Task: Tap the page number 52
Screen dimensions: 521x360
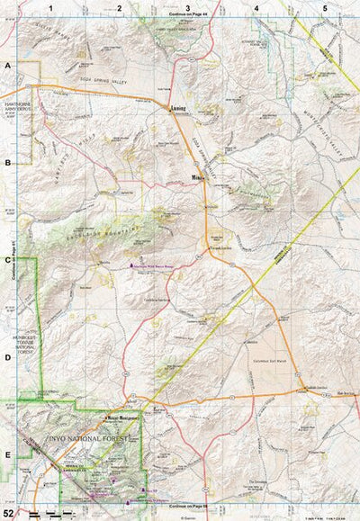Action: (x=9, y=511)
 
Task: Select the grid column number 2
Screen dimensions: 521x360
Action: (x=119, y=7)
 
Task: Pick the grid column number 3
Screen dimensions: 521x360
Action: (x=187, y=7)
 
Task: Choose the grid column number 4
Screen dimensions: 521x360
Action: (x=256, y=7)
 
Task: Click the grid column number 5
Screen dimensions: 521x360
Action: (x=325, y=7)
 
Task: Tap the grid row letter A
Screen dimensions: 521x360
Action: (x=7, y=67)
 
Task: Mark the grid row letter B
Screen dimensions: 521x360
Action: (x=7, y=164)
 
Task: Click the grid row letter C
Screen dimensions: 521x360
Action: (x=7, y=260)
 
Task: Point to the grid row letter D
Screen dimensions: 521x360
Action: (x=7, y=357)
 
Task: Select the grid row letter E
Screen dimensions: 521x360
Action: (x=7, y=454)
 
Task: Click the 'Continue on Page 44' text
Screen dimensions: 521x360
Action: (x=187, y=16)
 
